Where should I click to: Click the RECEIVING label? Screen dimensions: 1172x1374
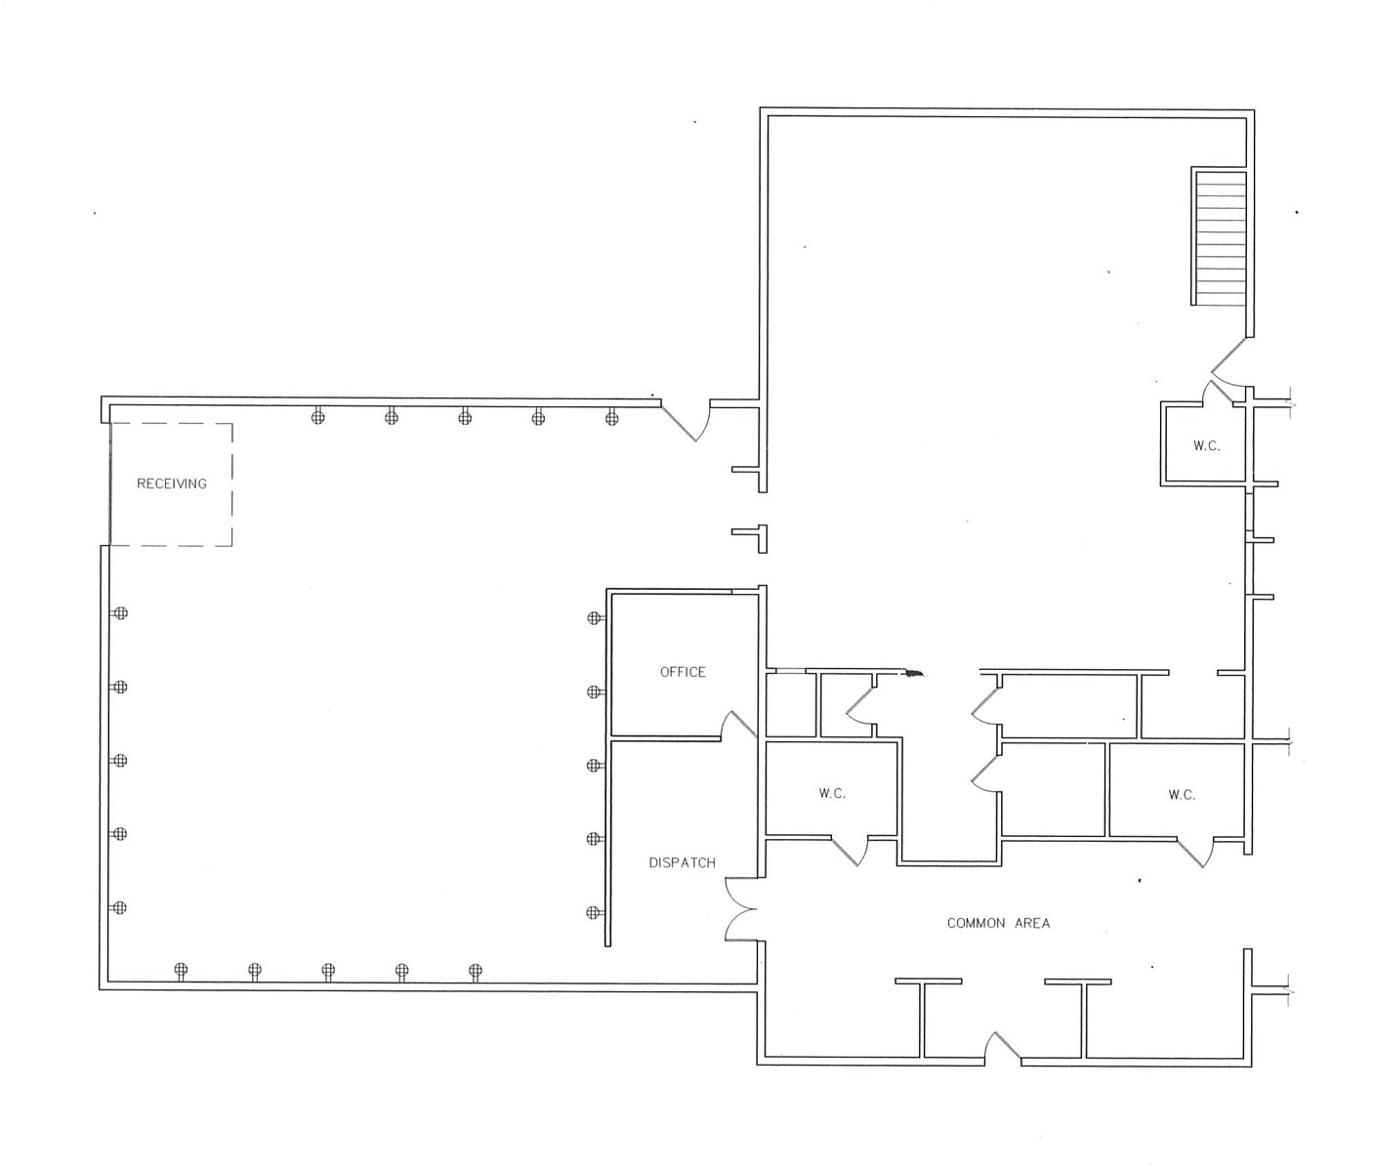(172, 483)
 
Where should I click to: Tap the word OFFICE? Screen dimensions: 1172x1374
(683, 672)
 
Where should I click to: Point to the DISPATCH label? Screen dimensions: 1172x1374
(683, 862)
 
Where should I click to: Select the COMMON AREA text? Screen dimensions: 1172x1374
(998, 923)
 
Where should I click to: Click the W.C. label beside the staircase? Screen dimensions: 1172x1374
(1206, 446)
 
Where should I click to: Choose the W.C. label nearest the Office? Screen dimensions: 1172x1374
(832, 794)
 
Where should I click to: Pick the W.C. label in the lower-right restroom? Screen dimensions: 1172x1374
(1182, 795)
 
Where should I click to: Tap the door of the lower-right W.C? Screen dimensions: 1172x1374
(1197, 852)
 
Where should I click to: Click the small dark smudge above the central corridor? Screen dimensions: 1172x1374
(914, 673)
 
